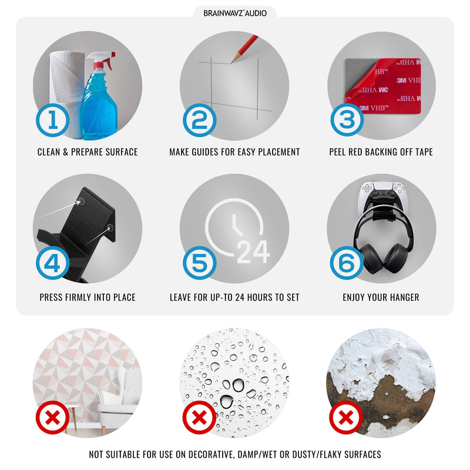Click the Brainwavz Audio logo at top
coord(235,13)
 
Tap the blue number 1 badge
coord(53,120)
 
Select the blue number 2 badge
coord(200,120)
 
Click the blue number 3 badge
coord(347,120)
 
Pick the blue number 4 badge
coord(53,263)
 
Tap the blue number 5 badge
coord(200,263)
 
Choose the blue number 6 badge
coord(347,263)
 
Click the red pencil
coord(244,49)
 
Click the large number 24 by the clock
coord(253,252)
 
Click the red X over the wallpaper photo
coord(52,418)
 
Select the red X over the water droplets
coord(199,418)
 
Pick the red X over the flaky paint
coord(346,418)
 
